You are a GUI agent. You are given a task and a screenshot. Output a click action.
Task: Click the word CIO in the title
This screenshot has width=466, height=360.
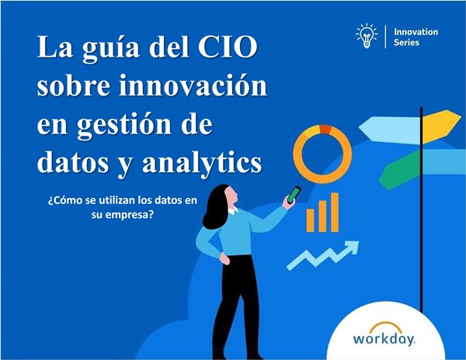pos(228,47)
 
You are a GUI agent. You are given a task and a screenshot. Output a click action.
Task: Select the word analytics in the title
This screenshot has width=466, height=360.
pos(203,163)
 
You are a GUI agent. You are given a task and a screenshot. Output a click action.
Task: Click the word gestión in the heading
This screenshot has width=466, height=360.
pos(124,125)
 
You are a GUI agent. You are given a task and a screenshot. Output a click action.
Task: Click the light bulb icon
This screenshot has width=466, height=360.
pos(367,36)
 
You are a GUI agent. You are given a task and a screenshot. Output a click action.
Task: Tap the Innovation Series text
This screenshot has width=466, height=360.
pos(416,36)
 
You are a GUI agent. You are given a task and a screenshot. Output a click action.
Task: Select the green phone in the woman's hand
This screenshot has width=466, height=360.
pos(294,195)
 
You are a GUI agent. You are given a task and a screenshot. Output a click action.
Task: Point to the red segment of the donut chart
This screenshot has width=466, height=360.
pos(325,129)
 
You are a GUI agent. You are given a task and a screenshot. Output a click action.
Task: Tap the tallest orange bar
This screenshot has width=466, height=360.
pos(335,213)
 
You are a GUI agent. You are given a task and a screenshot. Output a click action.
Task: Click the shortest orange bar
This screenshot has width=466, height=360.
pos(310,220)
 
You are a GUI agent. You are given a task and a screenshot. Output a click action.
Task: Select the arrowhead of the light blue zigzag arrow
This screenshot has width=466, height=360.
pos(353,247)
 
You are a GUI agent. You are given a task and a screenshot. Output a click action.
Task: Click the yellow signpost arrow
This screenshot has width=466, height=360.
pos(441,126)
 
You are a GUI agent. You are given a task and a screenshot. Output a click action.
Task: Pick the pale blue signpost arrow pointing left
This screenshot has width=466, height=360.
pos(389,128)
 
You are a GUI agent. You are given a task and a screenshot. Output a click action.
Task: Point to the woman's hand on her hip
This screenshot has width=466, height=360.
pos(224,258)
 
